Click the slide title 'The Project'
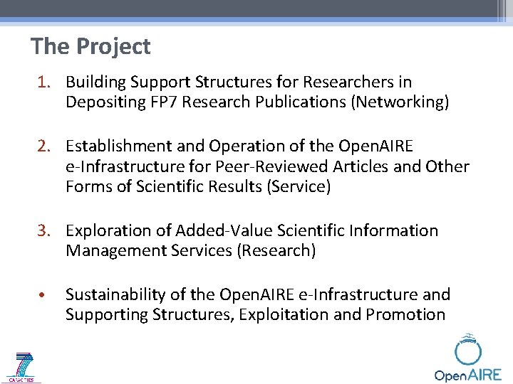pos(90,47)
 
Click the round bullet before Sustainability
pos(43,295)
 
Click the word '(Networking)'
pos(400,102)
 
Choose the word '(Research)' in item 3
pos(277,251)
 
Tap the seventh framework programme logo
pos(24,368)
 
